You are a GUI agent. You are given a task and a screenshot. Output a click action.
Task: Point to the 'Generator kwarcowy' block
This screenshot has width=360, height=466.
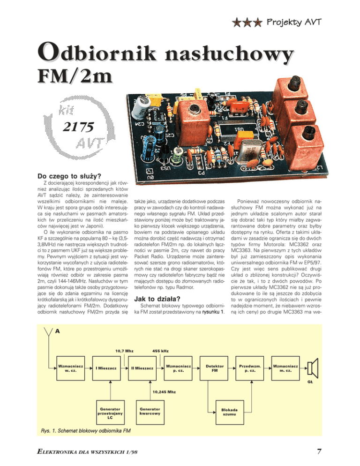point(150,411)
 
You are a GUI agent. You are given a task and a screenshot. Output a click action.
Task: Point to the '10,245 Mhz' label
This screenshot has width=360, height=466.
point(165,391)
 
